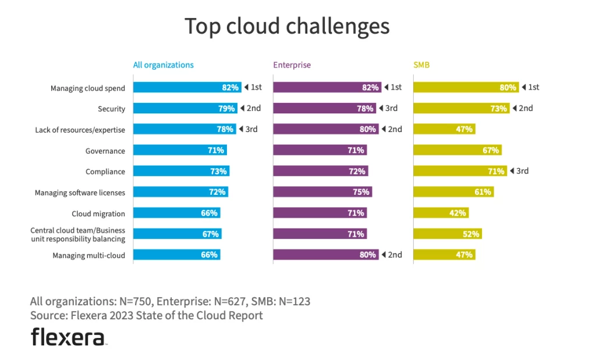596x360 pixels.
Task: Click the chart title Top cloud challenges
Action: tap(287, 27)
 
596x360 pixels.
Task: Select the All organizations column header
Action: tap(164, 65)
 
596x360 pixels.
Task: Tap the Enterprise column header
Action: tap(292, 65)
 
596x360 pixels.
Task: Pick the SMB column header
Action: tap(421, 65)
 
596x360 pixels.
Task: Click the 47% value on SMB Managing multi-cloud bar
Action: tap(465, 255)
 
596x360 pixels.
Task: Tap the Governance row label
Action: tap(105, 151)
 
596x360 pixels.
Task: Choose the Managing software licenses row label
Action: tap(80, 193)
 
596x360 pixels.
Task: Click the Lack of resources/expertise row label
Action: tap(80, 130)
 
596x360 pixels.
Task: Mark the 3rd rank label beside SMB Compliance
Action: tap(519, 171)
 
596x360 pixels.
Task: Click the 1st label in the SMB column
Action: tap(530, 87)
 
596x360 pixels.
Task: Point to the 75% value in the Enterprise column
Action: tap(361, 192)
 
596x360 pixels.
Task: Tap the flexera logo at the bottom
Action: tap(68, 337)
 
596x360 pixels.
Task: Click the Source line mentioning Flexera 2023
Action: tap(146, 316)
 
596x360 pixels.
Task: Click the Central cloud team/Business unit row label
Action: tap(77, 234)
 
